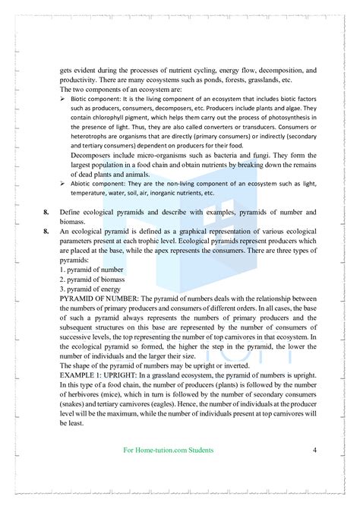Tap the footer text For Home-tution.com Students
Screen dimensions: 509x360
point(168,451)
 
